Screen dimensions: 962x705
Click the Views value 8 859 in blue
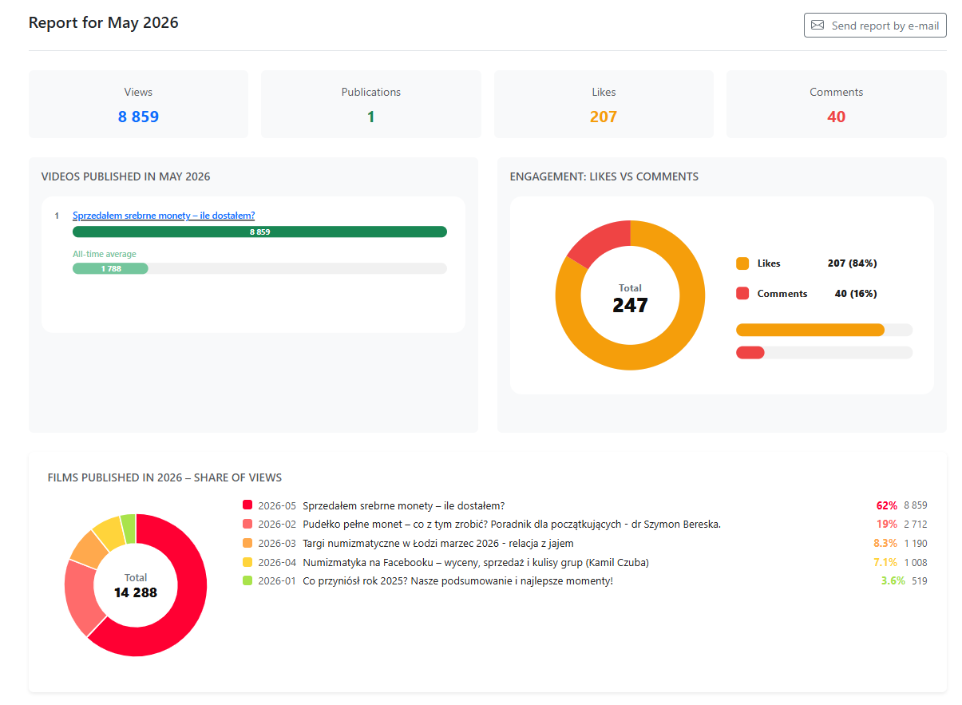point(139,117)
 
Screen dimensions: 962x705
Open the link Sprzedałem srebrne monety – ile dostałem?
point(164,216)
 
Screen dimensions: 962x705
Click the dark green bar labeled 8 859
point(260,232)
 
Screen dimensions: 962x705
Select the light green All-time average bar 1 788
point(110,269)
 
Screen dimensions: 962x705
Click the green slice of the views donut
point(129,529)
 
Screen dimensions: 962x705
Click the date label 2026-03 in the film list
point(278,545)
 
